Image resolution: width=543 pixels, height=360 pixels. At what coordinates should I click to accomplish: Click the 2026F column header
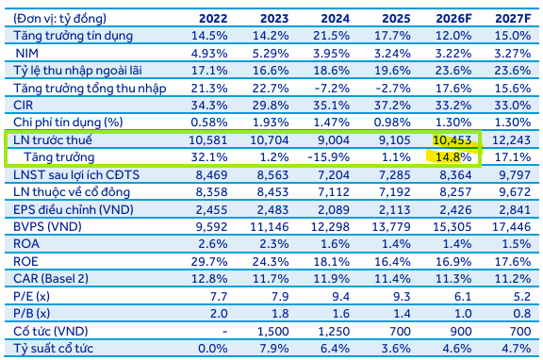tap(453, 18)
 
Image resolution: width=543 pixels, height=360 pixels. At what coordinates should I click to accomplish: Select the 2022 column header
tap(213, 18)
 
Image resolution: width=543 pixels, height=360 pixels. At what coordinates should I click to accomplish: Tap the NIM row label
tap(27, 54)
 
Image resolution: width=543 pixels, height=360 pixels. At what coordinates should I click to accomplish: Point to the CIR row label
tap(24, 106)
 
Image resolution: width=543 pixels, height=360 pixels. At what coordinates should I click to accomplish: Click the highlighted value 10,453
tap(452, 139)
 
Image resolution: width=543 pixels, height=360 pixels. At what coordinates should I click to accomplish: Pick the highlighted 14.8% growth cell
tap(453, 157)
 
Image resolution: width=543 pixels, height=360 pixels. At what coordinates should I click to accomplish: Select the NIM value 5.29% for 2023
tap(271, 54)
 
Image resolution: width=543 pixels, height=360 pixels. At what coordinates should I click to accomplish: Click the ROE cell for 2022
tap(209, 261)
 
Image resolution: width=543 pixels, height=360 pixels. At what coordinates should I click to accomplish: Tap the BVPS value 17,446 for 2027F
tap(512, 227)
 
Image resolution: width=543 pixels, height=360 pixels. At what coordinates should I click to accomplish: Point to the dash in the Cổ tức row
tap(224, 332)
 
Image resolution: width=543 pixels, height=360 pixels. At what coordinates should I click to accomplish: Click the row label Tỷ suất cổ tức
tap(54, 349)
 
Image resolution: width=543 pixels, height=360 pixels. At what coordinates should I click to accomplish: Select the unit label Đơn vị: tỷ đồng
tap(59, 18)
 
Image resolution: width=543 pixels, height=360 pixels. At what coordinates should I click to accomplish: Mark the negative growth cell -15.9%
tap(329, 157)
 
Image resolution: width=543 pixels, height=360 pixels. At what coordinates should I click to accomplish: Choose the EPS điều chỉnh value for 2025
tap(395, 209)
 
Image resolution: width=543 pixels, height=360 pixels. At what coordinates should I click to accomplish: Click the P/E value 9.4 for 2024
tap(340, 296)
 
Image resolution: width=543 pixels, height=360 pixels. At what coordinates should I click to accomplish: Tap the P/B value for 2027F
tap(521, 313)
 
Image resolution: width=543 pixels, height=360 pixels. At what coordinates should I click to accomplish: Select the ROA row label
tap(26, 244)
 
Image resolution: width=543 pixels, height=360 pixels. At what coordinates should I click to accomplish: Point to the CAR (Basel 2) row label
tap(51, 279)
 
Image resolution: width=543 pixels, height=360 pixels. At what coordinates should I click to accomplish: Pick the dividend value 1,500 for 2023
tap(272, 332)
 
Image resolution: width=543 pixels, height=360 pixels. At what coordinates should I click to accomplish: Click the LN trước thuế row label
tap(53, 139)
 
